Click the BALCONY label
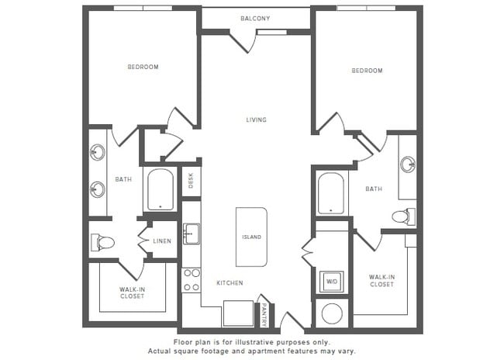[x=256, y=18]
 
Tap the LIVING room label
[x=256, y=119]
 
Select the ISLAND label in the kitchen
[x=252, y=237]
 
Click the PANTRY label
[x=264, y=314]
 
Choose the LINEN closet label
[x=161, y=241]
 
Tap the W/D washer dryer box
[x=331, y=281]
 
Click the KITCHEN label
[x=230, y=283]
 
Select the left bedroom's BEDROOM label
[x=143, y=67]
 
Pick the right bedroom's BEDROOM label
[x=367, y=71]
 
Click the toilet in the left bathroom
[x=103, y=243]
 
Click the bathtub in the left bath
[x=161, y=190]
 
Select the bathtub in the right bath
[x=331, y=193]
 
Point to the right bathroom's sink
[x=408, y=164]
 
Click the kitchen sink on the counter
[x=192, y=234]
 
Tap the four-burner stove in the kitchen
[x=191, y=280]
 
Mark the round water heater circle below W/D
[x=331, y=314]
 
